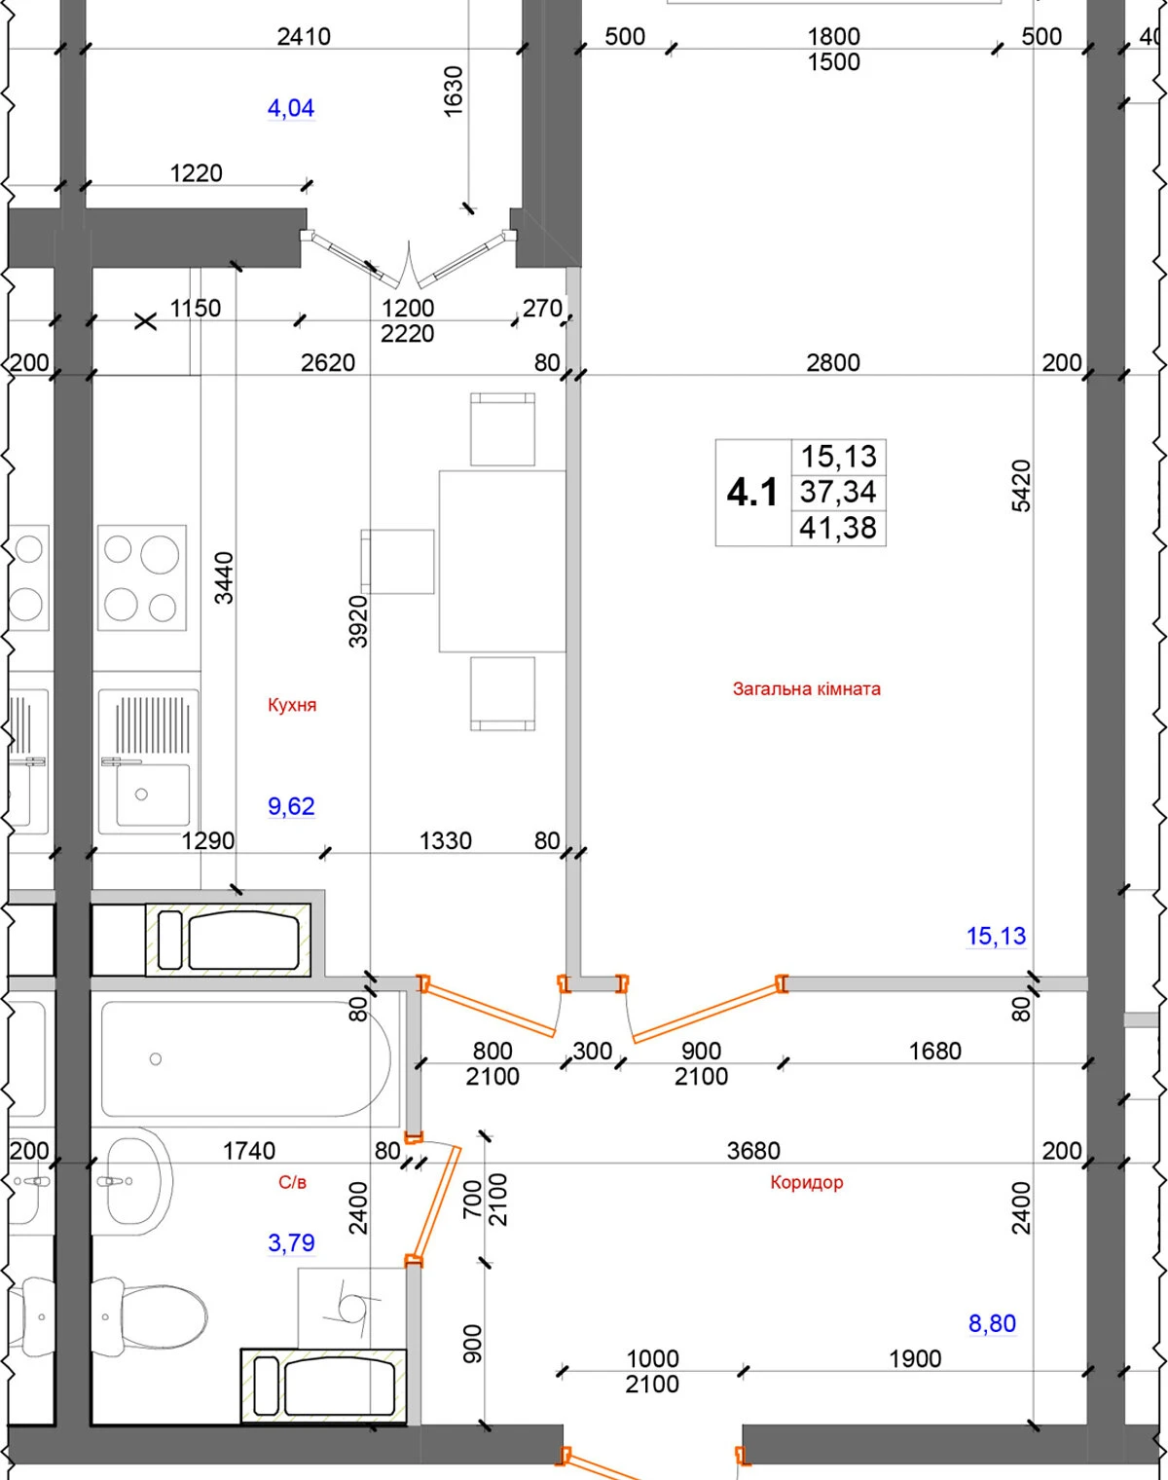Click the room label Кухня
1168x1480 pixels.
click(292, 705)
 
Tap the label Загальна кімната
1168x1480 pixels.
click(806, 689)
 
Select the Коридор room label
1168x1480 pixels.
click(806, 1182)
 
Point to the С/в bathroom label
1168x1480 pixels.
click(292, 1182)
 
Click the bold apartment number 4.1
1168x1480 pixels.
click(752, 493)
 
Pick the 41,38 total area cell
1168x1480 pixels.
click(838, 528)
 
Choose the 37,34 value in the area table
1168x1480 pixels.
click(838, 493)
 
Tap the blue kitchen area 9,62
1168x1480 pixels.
click(291, 806)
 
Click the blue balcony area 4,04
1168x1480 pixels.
click(291, 108)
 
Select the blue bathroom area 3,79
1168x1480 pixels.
click(291, 1242)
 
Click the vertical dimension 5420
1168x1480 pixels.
click(1022, 486)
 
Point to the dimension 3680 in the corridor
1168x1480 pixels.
click(753, 1151)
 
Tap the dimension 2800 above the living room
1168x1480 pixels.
click(833, 362)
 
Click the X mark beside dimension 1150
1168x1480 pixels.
click(145, 321)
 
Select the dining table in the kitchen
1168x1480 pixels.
click(502, 561)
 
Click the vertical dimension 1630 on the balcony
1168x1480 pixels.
click(454, 92)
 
